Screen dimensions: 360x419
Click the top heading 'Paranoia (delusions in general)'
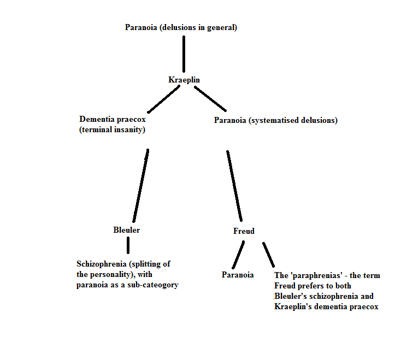(181, 27)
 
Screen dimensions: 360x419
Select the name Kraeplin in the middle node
(184, 80)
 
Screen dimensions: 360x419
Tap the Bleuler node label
(126, 230)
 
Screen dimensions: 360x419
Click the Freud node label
(244, 231)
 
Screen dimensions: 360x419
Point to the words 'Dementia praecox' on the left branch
(113, 119)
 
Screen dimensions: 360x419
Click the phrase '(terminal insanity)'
(113, 129)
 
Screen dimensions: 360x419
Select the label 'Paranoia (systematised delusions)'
(275, 120)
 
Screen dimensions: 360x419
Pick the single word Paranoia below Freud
(238, 275)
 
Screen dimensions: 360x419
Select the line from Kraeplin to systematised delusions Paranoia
(210, 98)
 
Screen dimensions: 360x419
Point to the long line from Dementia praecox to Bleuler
(140, 186)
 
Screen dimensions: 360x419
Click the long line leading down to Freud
(234, 186)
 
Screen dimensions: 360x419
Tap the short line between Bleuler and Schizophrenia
(128, 245)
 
